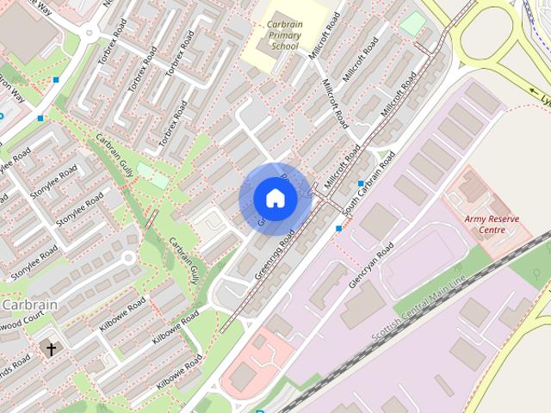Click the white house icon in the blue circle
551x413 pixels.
[275, 199]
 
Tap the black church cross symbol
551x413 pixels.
[51, 349]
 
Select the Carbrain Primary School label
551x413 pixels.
[284, 35]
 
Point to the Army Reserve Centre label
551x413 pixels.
[492, 225]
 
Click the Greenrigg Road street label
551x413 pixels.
[275, 254]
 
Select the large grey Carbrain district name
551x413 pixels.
[29, 305]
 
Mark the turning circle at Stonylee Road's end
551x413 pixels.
[128, 257]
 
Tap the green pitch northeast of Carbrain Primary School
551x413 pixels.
[414, 22]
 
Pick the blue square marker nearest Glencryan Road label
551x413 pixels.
[339, 229]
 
